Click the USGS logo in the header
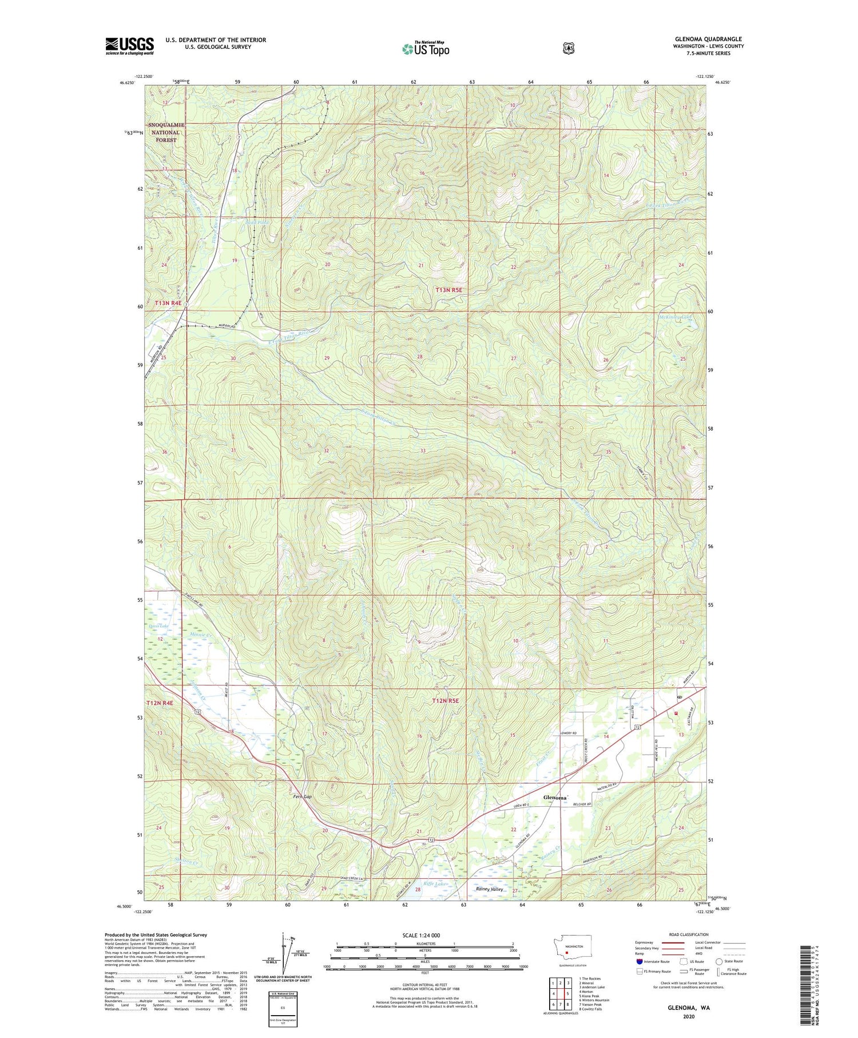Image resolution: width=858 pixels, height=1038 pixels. pyautogui.click(x=129, y=46)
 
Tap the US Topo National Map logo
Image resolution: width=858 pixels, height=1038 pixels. pyautogui.click(x=426, y=48)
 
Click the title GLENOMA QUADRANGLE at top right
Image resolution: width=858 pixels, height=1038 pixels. pyautogui.click(x=708, y=39)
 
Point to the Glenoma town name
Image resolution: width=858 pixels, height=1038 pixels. pyautogui.click(x=554, y=798)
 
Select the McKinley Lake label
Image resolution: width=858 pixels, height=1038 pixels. pyautogui.click(x=676, y=317)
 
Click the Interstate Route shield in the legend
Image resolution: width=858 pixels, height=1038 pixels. pyautogui.click(x=639, y=961)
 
